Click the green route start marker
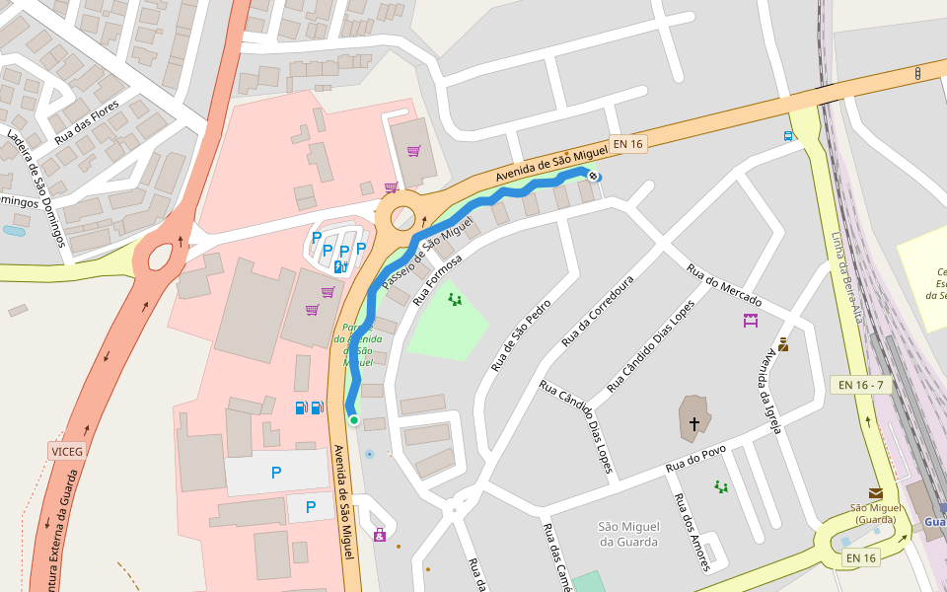(353, 420)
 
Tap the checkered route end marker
(594, 177)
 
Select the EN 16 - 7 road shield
(861, 385)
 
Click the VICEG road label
(66, 451)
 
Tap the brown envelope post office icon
(875, 492)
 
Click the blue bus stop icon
(787, 136)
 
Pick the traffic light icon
(917, 73)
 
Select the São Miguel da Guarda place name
(628, 534)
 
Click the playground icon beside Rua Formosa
(454, 299)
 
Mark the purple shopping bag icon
(380, 536)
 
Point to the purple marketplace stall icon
(751, 320)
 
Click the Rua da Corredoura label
(597, 311)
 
